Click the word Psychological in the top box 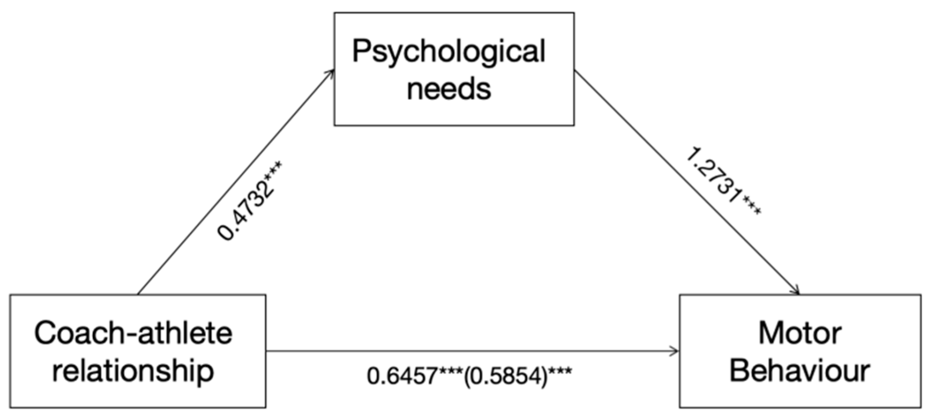coord(449,52)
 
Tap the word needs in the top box coord(449,89)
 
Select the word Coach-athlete coord(133,333)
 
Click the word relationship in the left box coord(133,370)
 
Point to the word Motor coord(799,333)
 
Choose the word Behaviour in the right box coord(799,370)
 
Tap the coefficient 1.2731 coord(712,176)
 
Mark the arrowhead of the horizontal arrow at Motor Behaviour coord(676,351)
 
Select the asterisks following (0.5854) coord(560,371)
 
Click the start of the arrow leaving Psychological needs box coord(575,71)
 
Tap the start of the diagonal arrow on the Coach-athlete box coord(138,294)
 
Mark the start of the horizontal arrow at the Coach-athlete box coord(267,351)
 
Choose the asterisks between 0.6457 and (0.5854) coord(451,371)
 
